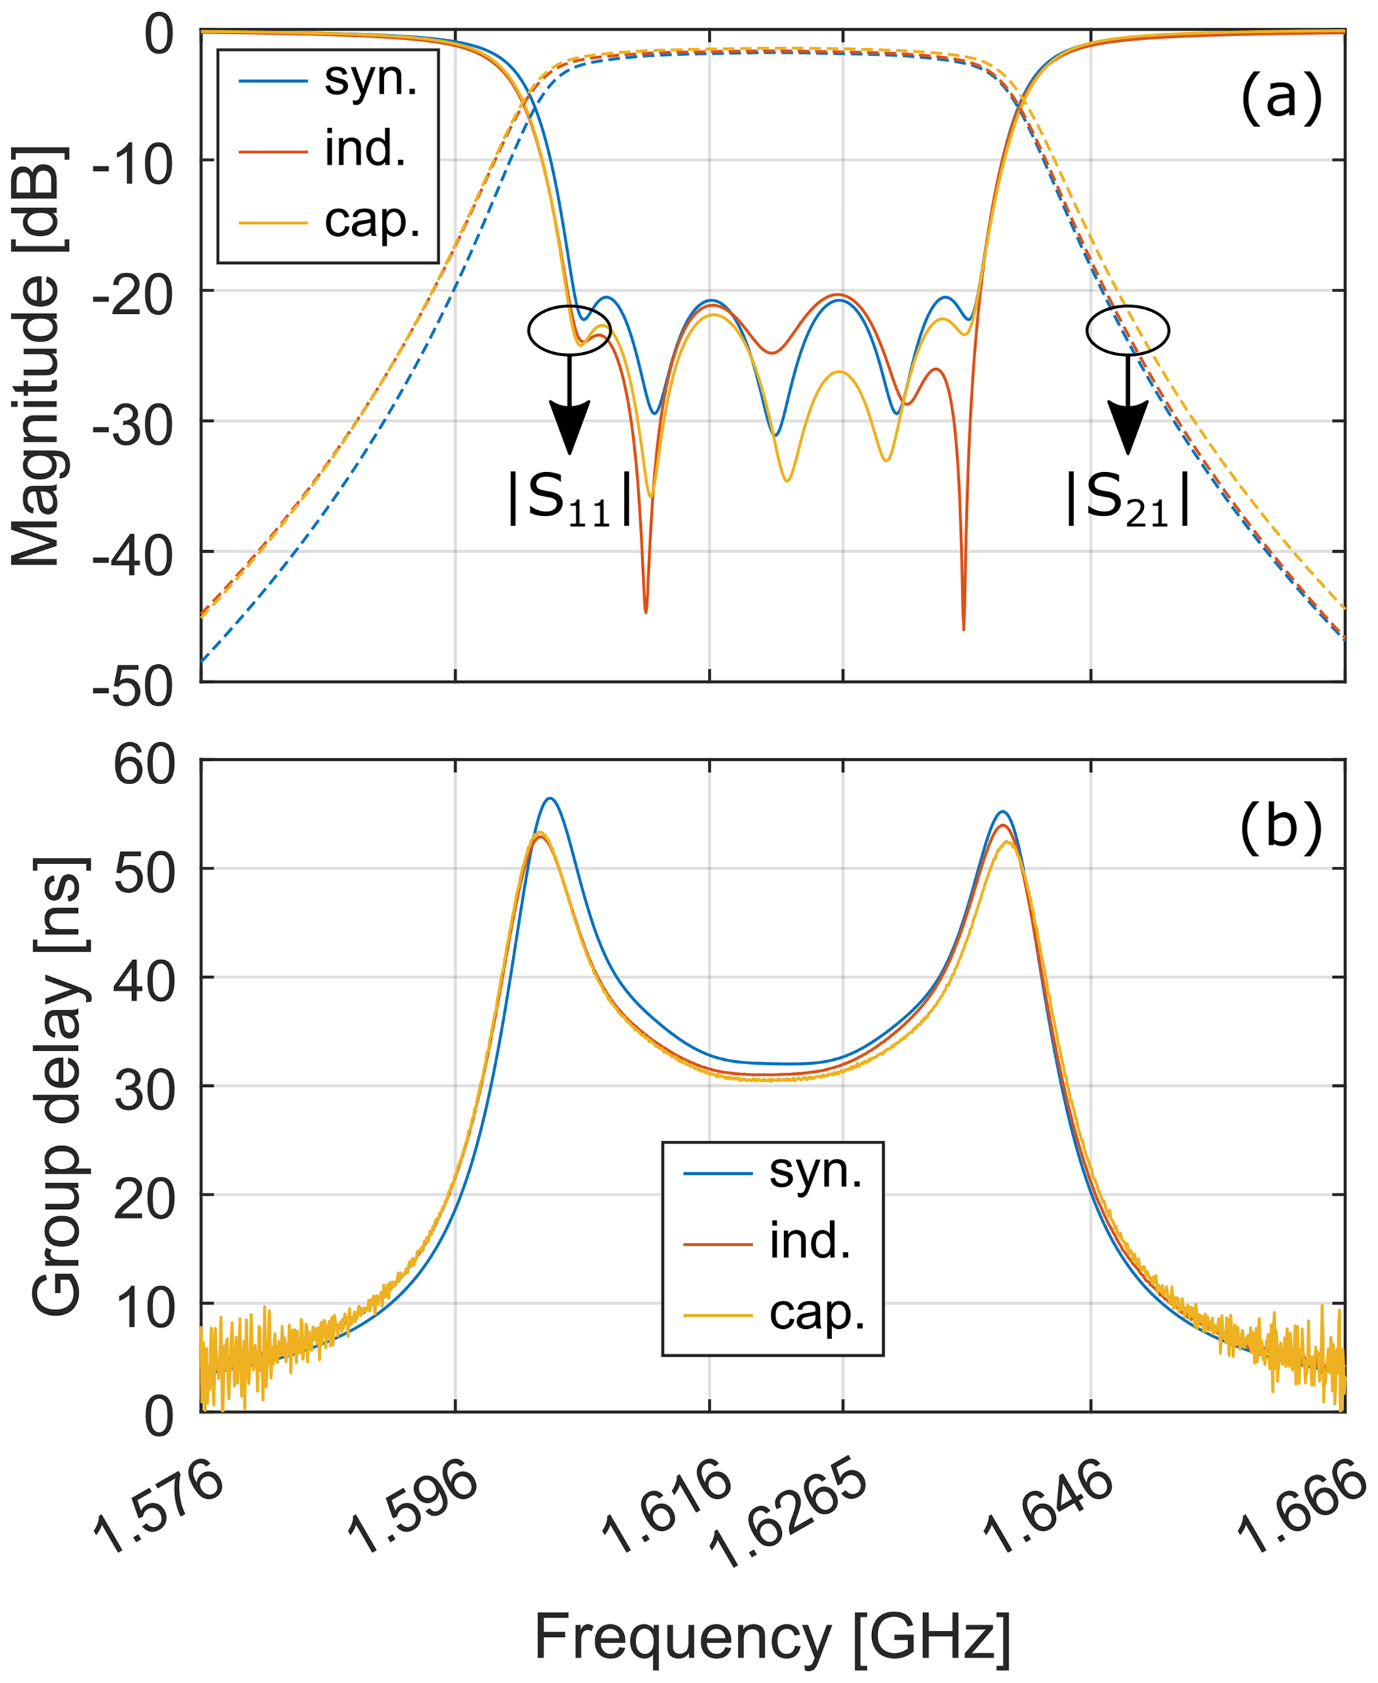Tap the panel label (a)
(x=1281, y=97)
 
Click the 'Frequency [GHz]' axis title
(x=773, y=1636)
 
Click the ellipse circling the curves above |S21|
(x=1127, y=329)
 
